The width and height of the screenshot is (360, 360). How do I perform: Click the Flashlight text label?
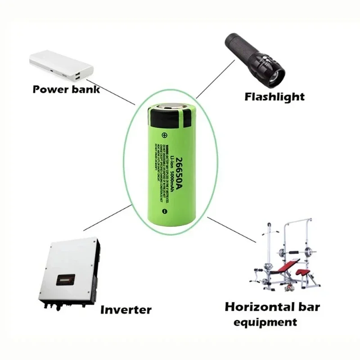(x=274, y=96)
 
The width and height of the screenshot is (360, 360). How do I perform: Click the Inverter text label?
(x=126, y=310)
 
